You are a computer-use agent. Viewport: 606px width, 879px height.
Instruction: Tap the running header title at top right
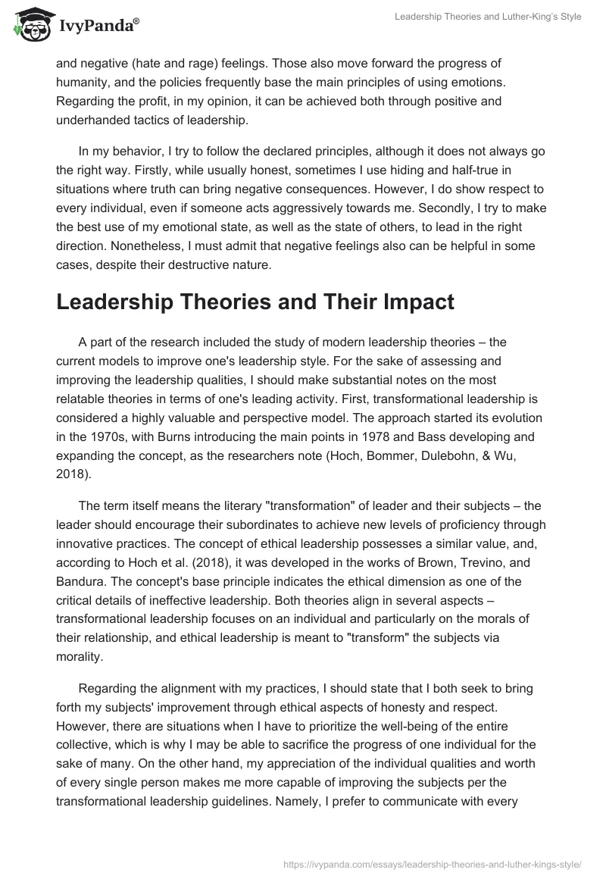coord(489,17)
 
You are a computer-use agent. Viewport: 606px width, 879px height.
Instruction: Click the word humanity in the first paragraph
coord(84,81)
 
